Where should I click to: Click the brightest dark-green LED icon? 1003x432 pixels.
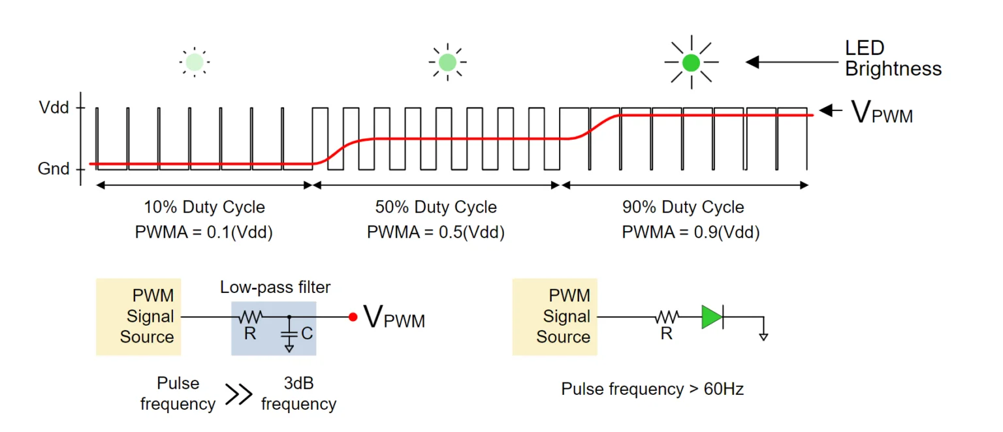(691, 63)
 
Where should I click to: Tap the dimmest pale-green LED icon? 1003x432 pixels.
(194, 63)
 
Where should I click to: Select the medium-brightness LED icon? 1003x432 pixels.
(447, 63)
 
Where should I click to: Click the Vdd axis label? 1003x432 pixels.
(54, 108)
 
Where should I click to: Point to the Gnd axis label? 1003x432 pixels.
(54, 169)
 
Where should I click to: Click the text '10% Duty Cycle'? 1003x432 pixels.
(204, 208)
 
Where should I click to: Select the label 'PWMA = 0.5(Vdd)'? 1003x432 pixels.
(436, 232)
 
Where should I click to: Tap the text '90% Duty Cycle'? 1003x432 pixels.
(683, 208)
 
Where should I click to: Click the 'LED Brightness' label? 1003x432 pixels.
(893, 59)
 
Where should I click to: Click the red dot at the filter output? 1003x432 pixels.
(353, 317)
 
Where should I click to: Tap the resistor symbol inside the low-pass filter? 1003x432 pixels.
(250, 317)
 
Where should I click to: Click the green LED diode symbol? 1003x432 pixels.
(712, 317)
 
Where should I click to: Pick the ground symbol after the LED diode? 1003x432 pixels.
(763, 335)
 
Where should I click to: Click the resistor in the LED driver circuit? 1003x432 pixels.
(667, 317)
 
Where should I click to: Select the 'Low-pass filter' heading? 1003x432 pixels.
(275, 287)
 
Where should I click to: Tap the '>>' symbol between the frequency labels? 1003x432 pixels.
(238, 394)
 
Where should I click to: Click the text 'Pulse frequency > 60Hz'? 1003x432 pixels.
(652, 390)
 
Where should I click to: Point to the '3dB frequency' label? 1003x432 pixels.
(298, 394)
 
